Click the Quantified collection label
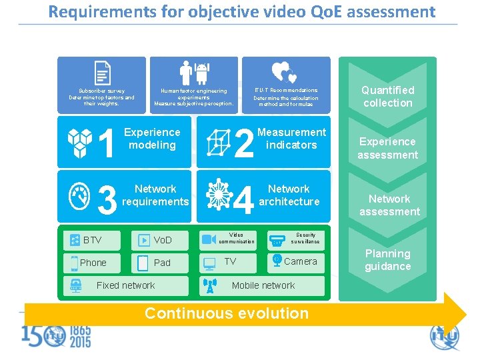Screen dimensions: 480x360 (x=387, y=97)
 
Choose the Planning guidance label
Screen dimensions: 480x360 (x=387, y=260)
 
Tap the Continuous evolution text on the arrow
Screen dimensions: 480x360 (x=227, y=313)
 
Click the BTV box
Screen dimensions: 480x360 (x=93, y=240)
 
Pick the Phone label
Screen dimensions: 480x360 (x=93, y=263)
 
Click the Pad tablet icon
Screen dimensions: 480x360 (x=143, y=263)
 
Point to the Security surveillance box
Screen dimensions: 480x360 (x=295, y=239)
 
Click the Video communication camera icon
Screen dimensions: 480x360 (x=209, y=239)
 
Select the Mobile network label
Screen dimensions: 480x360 (x=263, y=285)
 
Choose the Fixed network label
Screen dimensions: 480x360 (x=125, y=285)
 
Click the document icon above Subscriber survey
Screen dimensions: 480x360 (x=102, y=72)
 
